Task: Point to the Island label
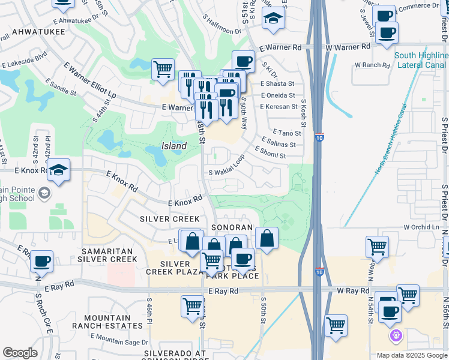click(x=174, y=146)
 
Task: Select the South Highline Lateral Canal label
click(x=421, y=60)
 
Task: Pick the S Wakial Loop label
click(x=226, y=168)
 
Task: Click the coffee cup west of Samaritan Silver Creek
click(x=42, y=262)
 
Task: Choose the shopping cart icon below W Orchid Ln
click(x=377, y=246)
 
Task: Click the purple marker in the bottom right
click(x=396, y=335)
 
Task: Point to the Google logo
click(x=20, y=353)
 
